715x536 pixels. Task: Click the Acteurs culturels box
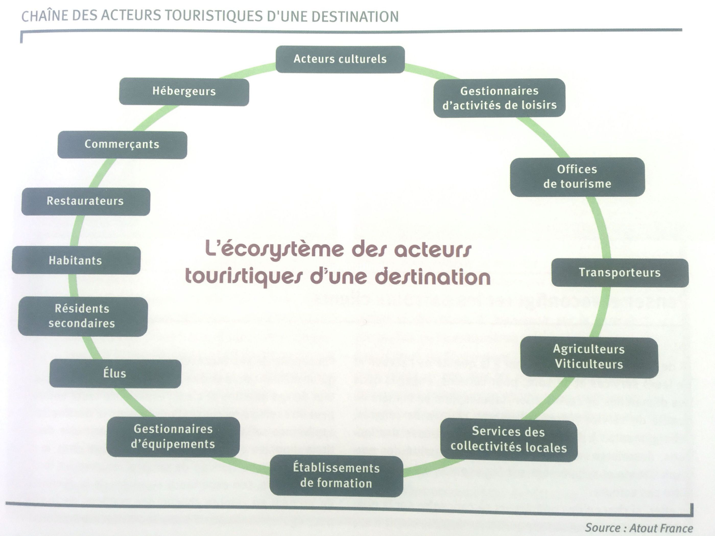pyautogui.click(x=340, y=59)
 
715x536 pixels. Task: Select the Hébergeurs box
pyautogui.click(x=184, y=91)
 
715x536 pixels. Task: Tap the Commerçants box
pyautogui.click(x=122, y=145)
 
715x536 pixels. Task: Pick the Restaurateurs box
pyautogui.click(x=86, y=201)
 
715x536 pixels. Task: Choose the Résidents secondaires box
pyautogui.click(x=83, y=317)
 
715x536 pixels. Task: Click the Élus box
pyautogui.click(x=115, y=373)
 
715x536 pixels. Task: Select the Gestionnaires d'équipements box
pyautogui.click(x=173, y=436)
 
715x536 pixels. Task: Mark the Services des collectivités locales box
pyautogui.click(x=509, y=440)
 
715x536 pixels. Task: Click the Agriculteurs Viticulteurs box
pyautogui.click(x=589, y=357)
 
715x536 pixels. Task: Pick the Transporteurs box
pyautogui.click(x=620, y=273)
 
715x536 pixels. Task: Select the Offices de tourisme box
pyautogui.click(x=577, y=177)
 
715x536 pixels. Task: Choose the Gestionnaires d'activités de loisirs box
pyautogui.click(x=499, y=98)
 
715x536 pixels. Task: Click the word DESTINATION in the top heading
pyautogui.click(x=355, y=17)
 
